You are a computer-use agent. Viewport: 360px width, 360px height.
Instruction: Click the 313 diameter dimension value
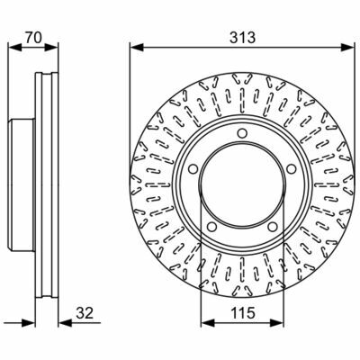coord(242,38)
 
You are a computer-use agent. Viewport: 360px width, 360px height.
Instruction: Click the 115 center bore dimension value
coord(243,313)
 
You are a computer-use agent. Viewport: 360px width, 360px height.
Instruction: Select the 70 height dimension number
coord(33,38)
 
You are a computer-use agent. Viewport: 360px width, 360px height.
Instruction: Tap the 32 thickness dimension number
coord(85,313)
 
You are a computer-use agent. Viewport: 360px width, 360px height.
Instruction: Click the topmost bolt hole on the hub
coord(242,133)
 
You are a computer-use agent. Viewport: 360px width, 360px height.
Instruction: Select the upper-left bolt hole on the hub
coord(193,169)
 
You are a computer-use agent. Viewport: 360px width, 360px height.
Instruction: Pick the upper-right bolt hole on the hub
coord(291,169)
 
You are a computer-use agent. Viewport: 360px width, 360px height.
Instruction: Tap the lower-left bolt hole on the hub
coord(211,227)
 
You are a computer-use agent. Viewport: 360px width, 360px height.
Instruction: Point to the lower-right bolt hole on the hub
coord(273,227)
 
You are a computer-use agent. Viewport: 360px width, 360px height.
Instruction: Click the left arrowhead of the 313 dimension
coord(136,47)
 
